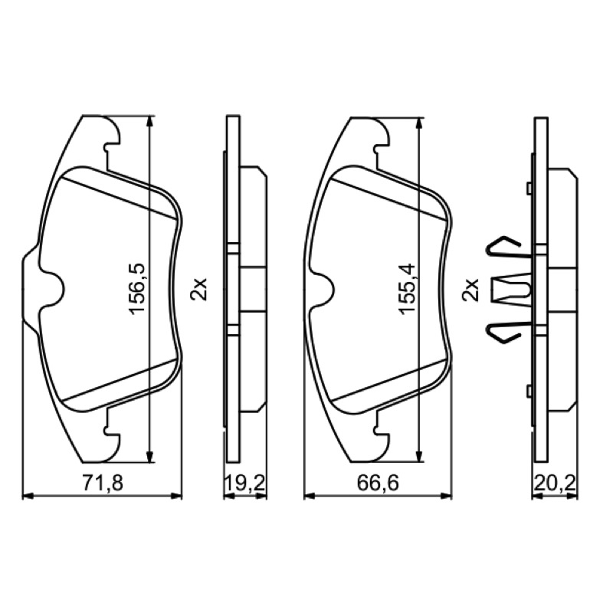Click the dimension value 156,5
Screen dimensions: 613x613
137,289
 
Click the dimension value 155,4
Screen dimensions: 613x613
407,289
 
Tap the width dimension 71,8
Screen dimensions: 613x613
103,483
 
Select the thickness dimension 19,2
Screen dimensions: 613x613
245,483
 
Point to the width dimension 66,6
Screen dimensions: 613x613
378,483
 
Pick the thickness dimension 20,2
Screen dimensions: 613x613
555,483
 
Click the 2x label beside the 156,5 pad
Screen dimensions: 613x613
198,290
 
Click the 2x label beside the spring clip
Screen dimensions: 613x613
470,290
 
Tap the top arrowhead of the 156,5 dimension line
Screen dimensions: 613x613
149,122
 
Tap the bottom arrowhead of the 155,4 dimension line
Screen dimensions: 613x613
419,455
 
